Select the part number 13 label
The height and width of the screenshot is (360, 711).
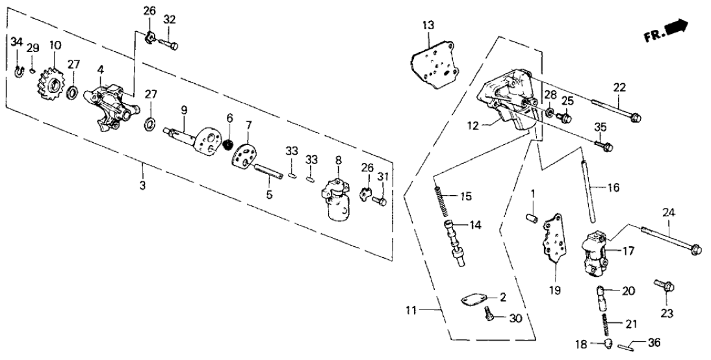(426, 25)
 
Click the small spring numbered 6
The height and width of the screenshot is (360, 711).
(228, 143)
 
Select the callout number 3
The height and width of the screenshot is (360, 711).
(142, 186)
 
